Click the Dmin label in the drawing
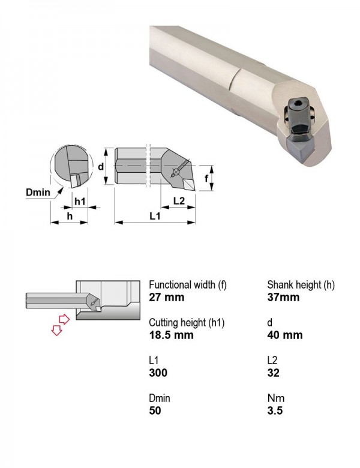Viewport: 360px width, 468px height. click(38, 192)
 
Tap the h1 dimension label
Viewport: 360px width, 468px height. click(80, 202)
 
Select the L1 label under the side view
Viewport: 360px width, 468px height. click(155, 216)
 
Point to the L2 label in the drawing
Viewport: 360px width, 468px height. click(179, 201)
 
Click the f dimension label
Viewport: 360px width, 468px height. click(206, 178)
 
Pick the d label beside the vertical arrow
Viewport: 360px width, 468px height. click(101, 166)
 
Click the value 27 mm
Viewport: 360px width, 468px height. click(167, 297)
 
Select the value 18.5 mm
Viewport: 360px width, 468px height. click(172, 335)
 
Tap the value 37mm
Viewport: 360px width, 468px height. click(283, 297)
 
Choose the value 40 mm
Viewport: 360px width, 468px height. click(285, 335)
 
